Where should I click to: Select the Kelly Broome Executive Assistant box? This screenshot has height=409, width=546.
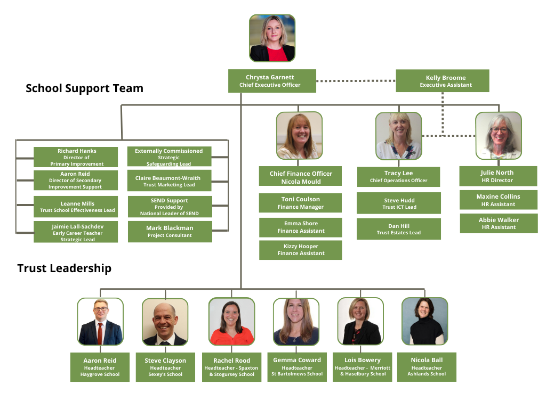[x=442, y=81]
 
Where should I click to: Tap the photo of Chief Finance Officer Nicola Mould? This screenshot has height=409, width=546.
[x=299, y=135]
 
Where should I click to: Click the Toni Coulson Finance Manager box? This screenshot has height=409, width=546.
[x=300, y=203]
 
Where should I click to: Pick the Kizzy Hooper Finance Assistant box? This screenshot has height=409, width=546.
[x=300, y=250]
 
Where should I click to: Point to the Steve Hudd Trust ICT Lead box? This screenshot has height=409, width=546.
[x=399, y=203]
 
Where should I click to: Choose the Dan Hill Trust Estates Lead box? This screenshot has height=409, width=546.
[x=399, y=229]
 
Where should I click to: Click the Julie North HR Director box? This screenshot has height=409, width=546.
[x=498, y=176]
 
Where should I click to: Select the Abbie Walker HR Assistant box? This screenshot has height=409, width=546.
[x=498, y=223]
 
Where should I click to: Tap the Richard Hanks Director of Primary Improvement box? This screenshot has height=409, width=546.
[x=76, y=157]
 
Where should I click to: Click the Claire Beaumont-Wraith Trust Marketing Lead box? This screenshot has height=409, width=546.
[x=169, y=181]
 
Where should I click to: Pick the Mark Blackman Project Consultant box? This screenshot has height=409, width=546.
[x=170, y=232]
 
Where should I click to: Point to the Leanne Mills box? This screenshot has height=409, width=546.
[x=76, y=207]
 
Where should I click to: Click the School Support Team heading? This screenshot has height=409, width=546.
[x=84, y=88]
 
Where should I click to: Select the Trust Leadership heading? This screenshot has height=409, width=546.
[x=65, y=268]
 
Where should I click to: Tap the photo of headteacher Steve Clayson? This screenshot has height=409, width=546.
[x=165, y=322]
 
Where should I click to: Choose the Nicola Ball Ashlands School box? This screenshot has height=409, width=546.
[x=427, y=366]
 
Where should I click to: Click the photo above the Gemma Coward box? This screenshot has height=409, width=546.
[x=296, y=321]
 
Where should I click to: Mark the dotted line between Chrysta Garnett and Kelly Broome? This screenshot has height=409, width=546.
[x=356, y=81]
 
